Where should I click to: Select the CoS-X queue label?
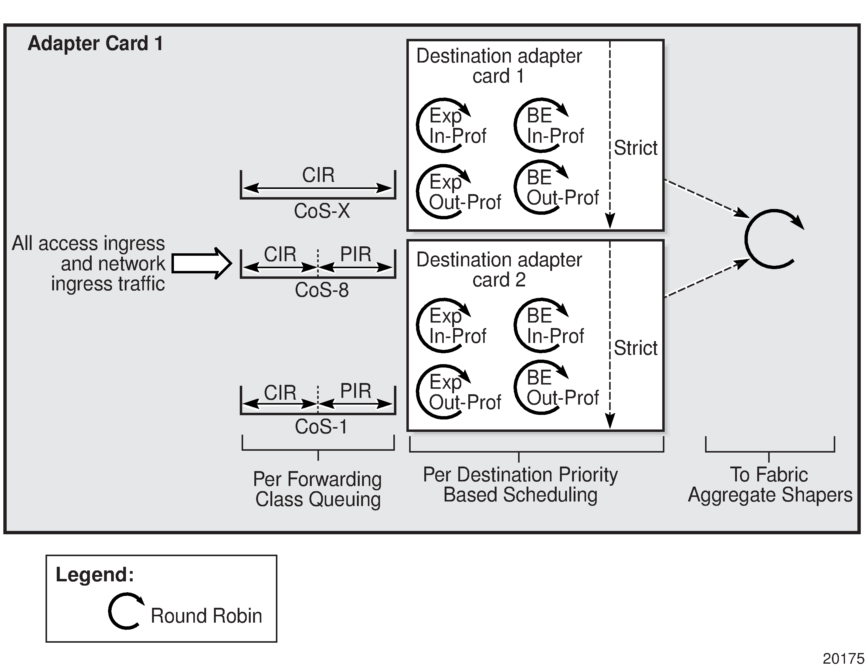322,211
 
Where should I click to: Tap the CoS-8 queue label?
322,290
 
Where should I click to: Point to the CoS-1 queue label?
321,426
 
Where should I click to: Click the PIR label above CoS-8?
356,254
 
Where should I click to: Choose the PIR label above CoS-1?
356,391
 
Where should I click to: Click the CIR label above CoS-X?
318,175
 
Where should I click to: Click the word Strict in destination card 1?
635,148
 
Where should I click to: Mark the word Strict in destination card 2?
635,348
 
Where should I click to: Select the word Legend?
95,574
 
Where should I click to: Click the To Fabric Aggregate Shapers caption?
770,484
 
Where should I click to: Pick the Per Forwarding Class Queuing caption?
318,489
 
